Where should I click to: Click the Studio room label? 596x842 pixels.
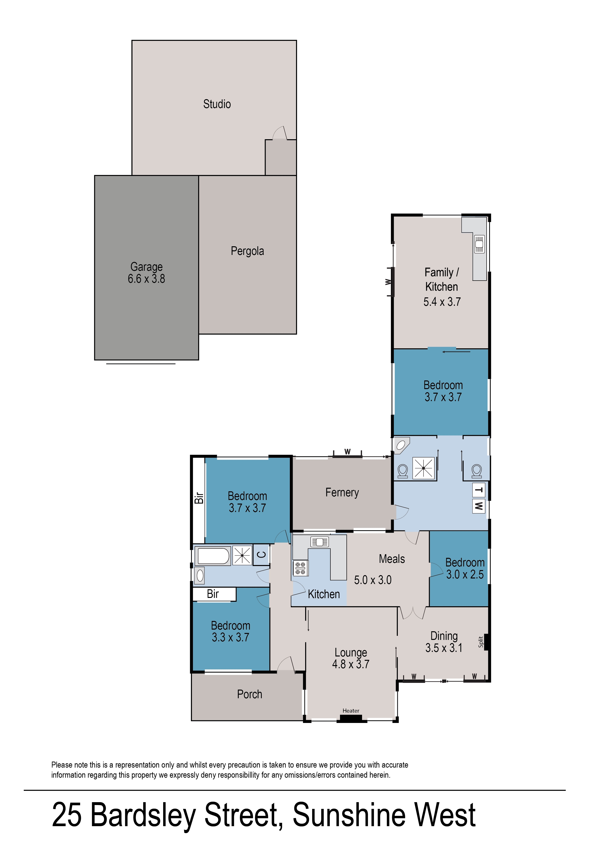217,104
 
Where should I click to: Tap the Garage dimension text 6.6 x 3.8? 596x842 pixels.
146,279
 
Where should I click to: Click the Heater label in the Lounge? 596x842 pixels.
351,711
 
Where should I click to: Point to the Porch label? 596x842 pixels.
249,694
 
